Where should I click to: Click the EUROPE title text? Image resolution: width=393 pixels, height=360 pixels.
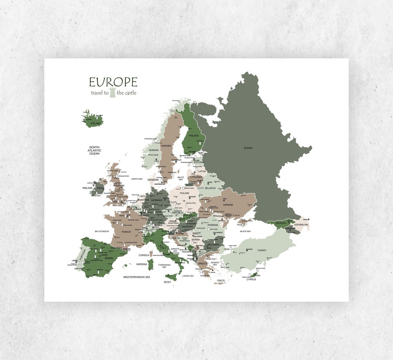click(x=113, y=82)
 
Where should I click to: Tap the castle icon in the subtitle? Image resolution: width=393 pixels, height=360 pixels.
click(x=113, y=93)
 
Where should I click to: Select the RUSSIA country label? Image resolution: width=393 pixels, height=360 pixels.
click(x=248, y=148)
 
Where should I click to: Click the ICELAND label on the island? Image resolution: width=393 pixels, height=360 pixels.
click(x=95, y=124)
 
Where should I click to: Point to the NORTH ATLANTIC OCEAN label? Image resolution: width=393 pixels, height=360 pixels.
click(x=95, y=151)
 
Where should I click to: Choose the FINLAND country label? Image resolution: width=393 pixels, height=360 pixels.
click(x=194, y=136)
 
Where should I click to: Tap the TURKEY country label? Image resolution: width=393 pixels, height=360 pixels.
click(x=262, y=251)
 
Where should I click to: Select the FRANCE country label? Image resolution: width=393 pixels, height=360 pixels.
click(x=126, y=232)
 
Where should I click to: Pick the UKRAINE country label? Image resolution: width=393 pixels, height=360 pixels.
click(x=228, y=205)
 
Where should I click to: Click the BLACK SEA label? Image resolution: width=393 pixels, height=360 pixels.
click(x=245, y=231)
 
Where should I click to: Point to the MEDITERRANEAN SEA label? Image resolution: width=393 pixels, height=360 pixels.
click(x=137, y=277)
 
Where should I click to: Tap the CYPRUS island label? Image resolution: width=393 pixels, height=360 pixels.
click(x=251, y=280)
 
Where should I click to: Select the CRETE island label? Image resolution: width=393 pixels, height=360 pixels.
click(x=221, y=281)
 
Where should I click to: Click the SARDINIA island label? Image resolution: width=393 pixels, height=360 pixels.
click(x=142, y=264)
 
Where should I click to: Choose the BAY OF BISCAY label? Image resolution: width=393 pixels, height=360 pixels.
click(x=102, y=231)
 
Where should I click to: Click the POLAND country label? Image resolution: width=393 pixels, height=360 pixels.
click(x=184, y=193)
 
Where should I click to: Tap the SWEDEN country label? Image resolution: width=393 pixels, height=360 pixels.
click(x=166, y=146)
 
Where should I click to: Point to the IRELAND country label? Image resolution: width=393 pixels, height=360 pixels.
click(x=88, y=188)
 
